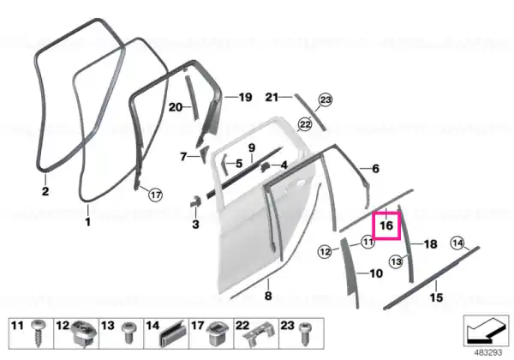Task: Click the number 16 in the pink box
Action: pos(386,225)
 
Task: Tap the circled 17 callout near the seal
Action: pos(155,195)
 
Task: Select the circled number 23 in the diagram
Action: pos(326,99)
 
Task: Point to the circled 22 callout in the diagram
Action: pos(305,124)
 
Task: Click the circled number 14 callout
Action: pos(457,243)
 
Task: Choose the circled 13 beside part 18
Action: pos(396,261)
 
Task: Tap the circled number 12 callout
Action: pos(325,251)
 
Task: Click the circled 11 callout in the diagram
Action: pos(368,242)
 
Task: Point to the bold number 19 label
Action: pos(245,97)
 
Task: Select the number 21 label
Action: pos(272,97)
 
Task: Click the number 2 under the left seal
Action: pos(45,191)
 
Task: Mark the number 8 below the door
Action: pos(268,296)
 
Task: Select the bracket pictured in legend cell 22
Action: pos(258,333)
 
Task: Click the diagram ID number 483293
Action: pos(488,352)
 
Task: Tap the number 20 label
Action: pos(175,107)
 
